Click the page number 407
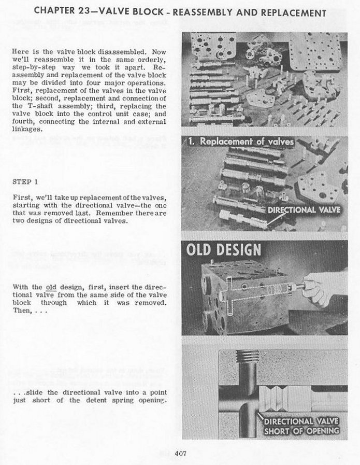click(x=180, y=454)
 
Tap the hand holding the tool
click(x=324, y=286)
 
